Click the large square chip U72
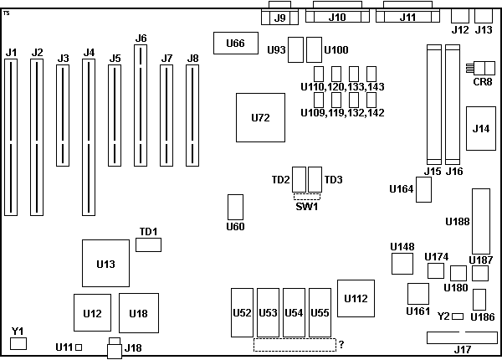[x=260, y=117]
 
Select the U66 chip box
[x=236, y=43]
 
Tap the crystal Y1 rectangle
[x=18, y=343]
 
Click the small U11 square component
[x=79, y=347]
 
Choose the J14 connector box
[x=481, y=128]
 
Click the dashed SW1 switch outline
[x=307, y=197]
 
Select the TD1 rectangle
[x=148, y=244]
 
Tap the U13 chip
[x=105, y=263]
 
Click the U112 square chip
[x=356, y=299]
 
